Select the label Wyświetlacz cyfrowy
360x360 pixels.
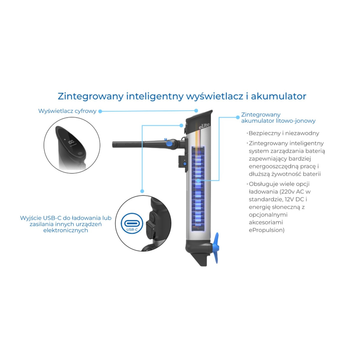(67, 111)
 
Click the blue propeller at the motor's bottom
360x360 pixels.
(216, 248)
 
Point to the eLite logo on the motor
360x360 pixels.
(204, 125)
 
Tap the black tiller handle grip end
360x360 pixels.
(115, 145)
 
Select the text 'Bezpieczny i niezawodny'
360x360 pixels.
(284, 133)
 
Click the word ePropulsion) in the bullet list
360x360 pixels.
(266, 230)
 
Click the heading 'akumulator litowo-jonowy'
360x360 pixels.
(278, 121)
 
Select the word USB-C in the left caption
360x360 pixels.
(53, 218)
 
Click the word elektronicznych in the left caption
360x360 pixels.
(66, 230)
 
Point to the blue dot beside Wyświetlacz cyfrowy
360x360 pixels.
(100, 111)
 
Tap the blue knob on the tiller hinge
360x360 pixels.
(169, 144)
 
